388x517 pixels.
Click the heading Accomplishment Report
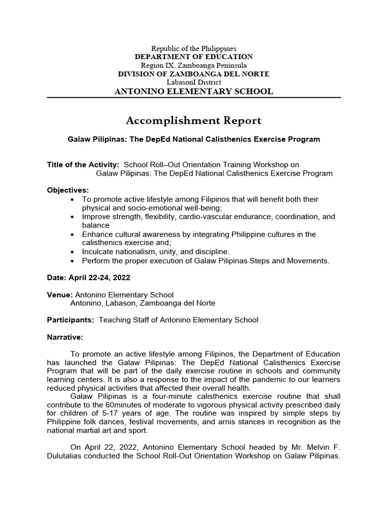(x=193, y=120)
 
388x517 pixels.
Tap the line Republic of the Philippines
(x=194, y=48)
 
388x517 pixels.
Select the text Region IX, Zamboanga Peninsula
(x=194, y=66)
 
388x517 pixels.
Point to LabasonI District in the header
(x=194, y=82)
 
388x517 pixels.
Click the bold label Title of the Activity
(x=83, y=165)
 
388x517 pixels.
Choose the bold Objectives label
(x=68, y=190)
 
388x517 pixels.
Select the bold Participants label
(x=70, y=320)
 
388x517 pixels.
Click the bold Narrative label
(x=65, y=337)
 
